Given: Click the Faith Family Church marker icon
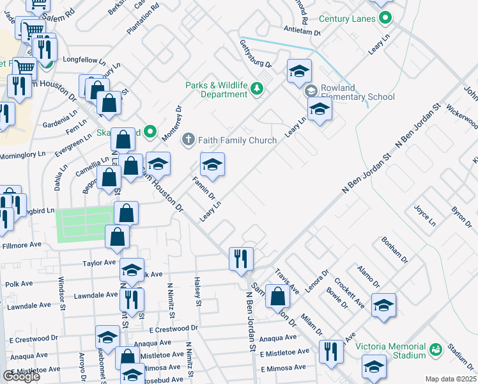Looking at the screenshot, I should click(x=188, y=140).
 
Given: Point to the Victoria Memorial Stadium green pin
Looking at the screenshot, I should click(x=436, y=350).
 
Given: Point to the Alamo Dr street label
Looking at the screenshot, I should click(x=368, y=277).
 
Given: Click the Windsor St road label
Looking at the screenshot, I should click(x=62, y=289).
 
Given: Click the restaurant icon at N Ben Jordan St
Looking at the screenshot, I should click(x=240, y=259).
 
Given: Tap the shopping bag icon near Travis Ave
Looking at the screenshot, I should click(x=278, y=297).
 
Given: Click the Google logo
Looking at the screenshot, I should click(x=21, y=376).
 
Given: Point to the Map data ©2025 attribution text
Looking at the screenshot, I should click(x=451, y=379).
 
